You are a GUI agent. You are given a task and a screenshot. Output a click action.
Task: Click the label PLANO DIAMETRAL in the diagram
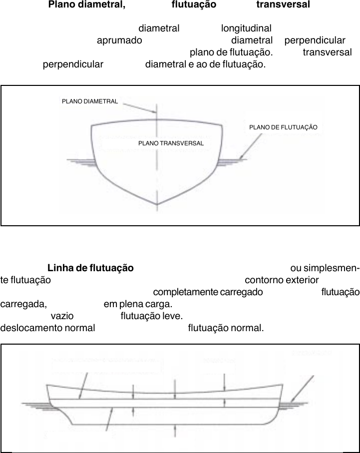pyautogui.click(x=90, y=101)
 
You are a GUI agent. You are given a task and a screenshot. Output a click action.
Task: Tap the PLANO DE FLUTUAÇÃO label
pyautogui.click(x=283, y=127)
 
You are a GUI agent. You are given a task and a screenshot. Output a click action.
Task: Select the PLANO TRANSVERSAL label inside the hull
pyautogui.click(x=171, y=143)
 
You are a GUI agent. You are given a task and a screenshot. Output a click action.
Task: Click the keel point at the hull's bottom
pyautogui.click(x=158, y=204)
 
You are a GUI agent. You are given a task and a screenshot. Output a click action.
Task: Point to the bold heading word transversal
pyautogui.click(x=283, y=5)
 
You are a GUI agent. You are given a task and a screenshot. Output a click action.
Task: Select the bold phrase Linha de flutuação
pyautogui.click(x=90, y=268)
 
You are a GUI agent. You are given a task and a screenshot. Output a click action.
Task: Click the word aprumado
pyautogui.click(x=119, y=40)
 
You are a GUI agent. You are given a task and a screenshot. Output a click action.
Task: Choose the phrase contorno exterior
pyautogui.click(x=282, y=280)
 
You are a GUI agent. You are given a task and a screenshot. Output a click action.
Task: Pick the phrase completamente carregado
pyautogui.click(x=208, y=292)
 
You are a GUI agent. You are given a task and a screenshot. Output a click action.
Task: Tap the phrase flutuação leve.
pyautogui.click(x=152, y=316)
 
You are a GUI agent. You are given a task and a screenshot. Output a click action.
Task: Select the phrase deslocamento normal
pyautogui.click(x=47, y=328)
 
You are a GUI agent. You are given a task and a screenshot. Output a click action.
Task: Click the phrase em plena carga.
pyautogui.click(x=138, y=304)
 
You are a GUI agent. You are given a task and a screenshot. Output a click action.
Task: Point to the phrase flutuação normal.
pyautogui.click(x=225, y=328)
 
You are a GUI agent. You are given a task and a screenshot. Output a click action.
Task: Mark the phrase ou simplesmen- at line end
pyautogui.click(x=324, y=268)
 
